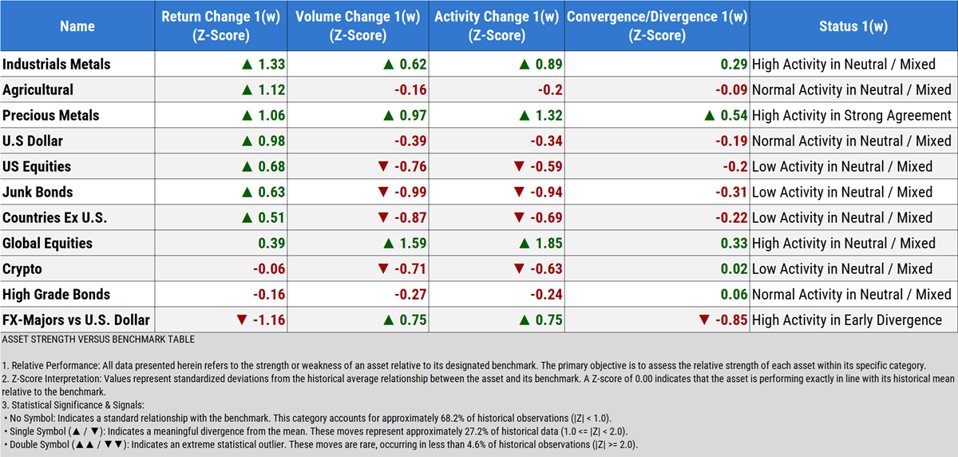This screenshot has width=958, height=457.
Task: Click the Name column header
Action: [x=77, y=26]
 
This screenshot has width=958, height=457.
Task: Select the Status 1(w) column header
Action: [x=853, y=26]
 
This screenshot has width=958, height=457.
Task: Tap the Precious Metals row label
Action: [x=51, y=116]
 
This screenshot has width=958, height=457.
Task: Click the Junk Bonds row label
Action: [x=38, y=193]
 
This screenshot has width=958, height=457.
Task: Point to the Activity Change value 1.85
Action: [x=547, y=244]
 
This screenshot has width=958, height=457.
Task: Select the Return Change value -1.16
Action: [x=267, y=320]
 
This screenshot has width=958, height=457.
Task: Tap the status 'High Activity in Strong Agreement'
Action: [x=852, y=116]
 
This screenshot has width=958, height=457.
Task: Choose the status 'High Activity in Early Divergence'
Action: [x=847, y=320]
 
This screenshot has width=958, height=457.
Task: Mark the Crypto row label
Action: [x=22, y=269]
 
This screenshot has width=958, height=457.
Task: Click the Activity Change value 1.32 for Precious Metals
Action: [x=547, y=116]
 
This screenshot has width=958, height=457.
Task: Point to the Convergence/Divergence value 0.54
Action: [x=733, y=116]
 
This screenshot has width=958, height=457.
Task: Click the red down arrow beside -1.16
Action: [x=242, y=320]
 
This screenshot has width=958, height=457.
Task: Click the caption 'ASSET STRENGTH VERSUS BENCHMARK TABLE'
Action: [x=97, y=340]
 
